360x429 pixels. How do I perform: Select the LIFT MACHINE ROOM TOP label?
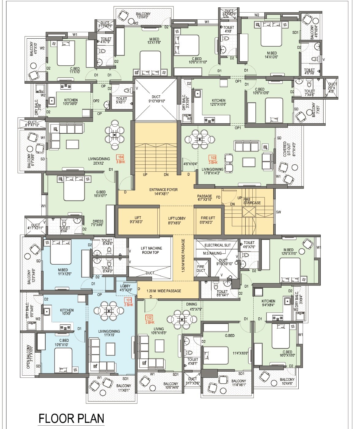click(150, 250)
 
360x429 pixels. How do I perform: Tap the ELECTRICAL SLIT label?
click(217, 245)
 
